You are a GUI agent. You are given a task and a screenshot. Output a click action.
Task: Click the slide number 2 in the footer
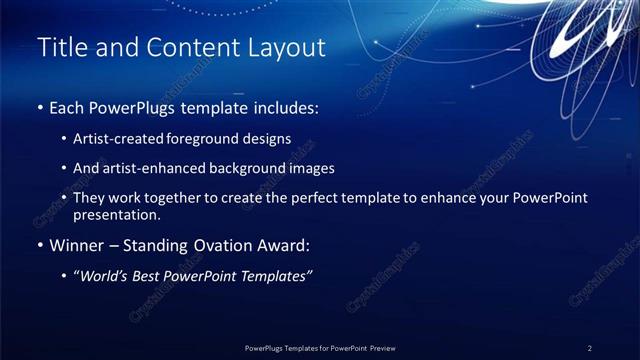pos(590,348)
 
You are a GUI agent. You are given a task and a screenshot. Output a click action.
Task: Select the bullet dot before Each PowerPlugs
pos(38,107)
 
